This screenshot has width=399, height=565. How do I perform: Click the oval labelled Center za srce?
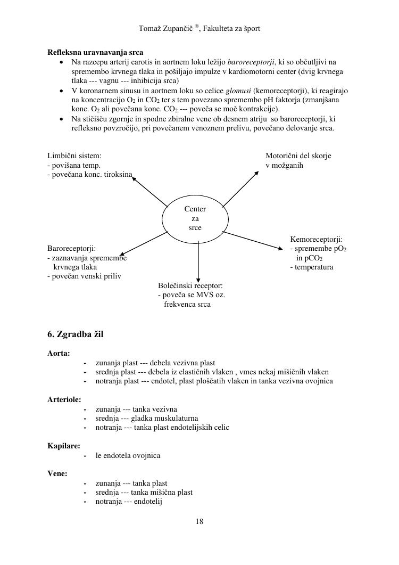pos(195,219)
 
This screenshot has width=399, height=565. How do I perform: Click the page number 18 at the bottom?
pos(199,521)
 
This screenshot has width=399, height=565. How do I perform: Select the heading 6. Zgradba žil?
pos(76,334)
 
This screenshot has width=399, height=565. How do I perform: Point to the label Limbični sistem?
pos(74,155)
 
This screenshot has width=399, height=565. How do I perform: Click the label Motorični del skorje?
pos(298,155)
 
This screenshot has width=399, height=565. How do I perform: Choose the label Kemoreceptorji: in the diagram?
pos(316,240)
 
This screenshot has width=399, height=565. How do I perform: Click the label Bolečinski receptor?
pos(190,285)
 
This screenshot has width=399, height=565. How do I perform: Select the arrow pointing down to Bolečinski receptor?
pos(198,261)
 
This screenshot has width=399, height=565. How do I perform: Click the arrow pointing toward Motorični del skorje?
pos(240,188)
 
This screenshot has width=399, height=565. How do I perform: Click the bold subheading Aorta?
pos(59,353)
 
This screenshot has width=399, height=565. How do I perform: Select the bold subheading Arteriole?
pos(63,399)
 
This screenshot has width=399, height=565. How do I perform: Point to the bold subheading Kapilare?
pos(64,446)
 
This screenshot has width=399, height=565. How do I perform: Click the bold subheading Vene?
pos(57,473)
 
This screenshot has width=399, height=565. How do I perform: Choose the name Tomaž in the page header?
pos(149,28)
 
